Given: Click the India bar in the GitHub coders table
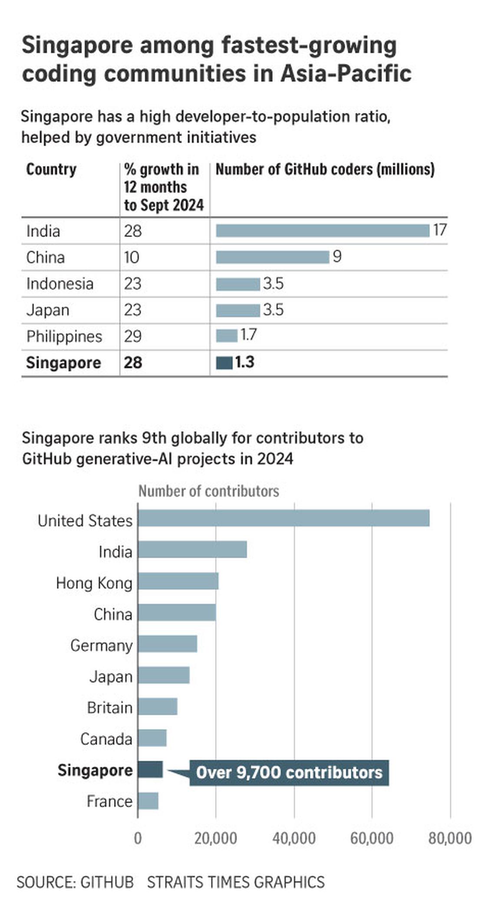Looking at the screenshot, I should point(323,231).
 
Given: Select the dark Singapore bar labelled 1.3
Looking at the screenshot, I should point(224,362).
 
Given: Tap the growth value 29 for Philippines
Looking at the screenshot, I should point(133,336).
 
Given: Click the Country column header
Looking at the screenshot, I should point(51,169).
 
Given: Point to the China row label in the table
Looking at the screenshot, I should point(46,257).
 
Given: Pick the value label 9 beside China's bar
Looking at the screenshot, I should point(337,257).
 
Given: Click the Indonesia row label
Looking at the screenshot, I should point(60,284).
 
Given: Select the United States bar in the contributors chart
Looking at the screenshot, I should point(284,518).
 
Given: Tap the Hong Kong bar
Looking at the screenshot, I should point(178,581).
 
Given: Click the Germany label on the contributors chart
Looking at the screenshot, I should point(101,646).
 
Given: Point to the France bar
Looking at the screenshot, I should point(148,801).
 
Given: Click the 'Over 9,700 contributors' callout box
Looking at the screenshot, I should point(289,773).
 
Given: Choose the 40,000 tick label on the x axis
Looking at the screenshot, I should point(294,838).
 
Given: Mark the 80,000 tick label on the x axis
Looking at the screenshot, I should point(450,838).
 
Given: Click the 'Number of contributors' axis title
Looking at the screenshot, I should point(208,491).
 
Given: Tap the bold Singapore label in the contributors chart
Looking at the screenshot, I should point(95,770).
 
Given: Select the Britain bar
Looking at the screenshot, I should point(158,707).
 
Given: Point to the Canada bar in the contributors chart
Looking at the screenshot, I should point(152,738).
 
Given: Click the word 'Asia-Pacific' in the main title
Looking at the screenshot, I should point(346,73).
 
